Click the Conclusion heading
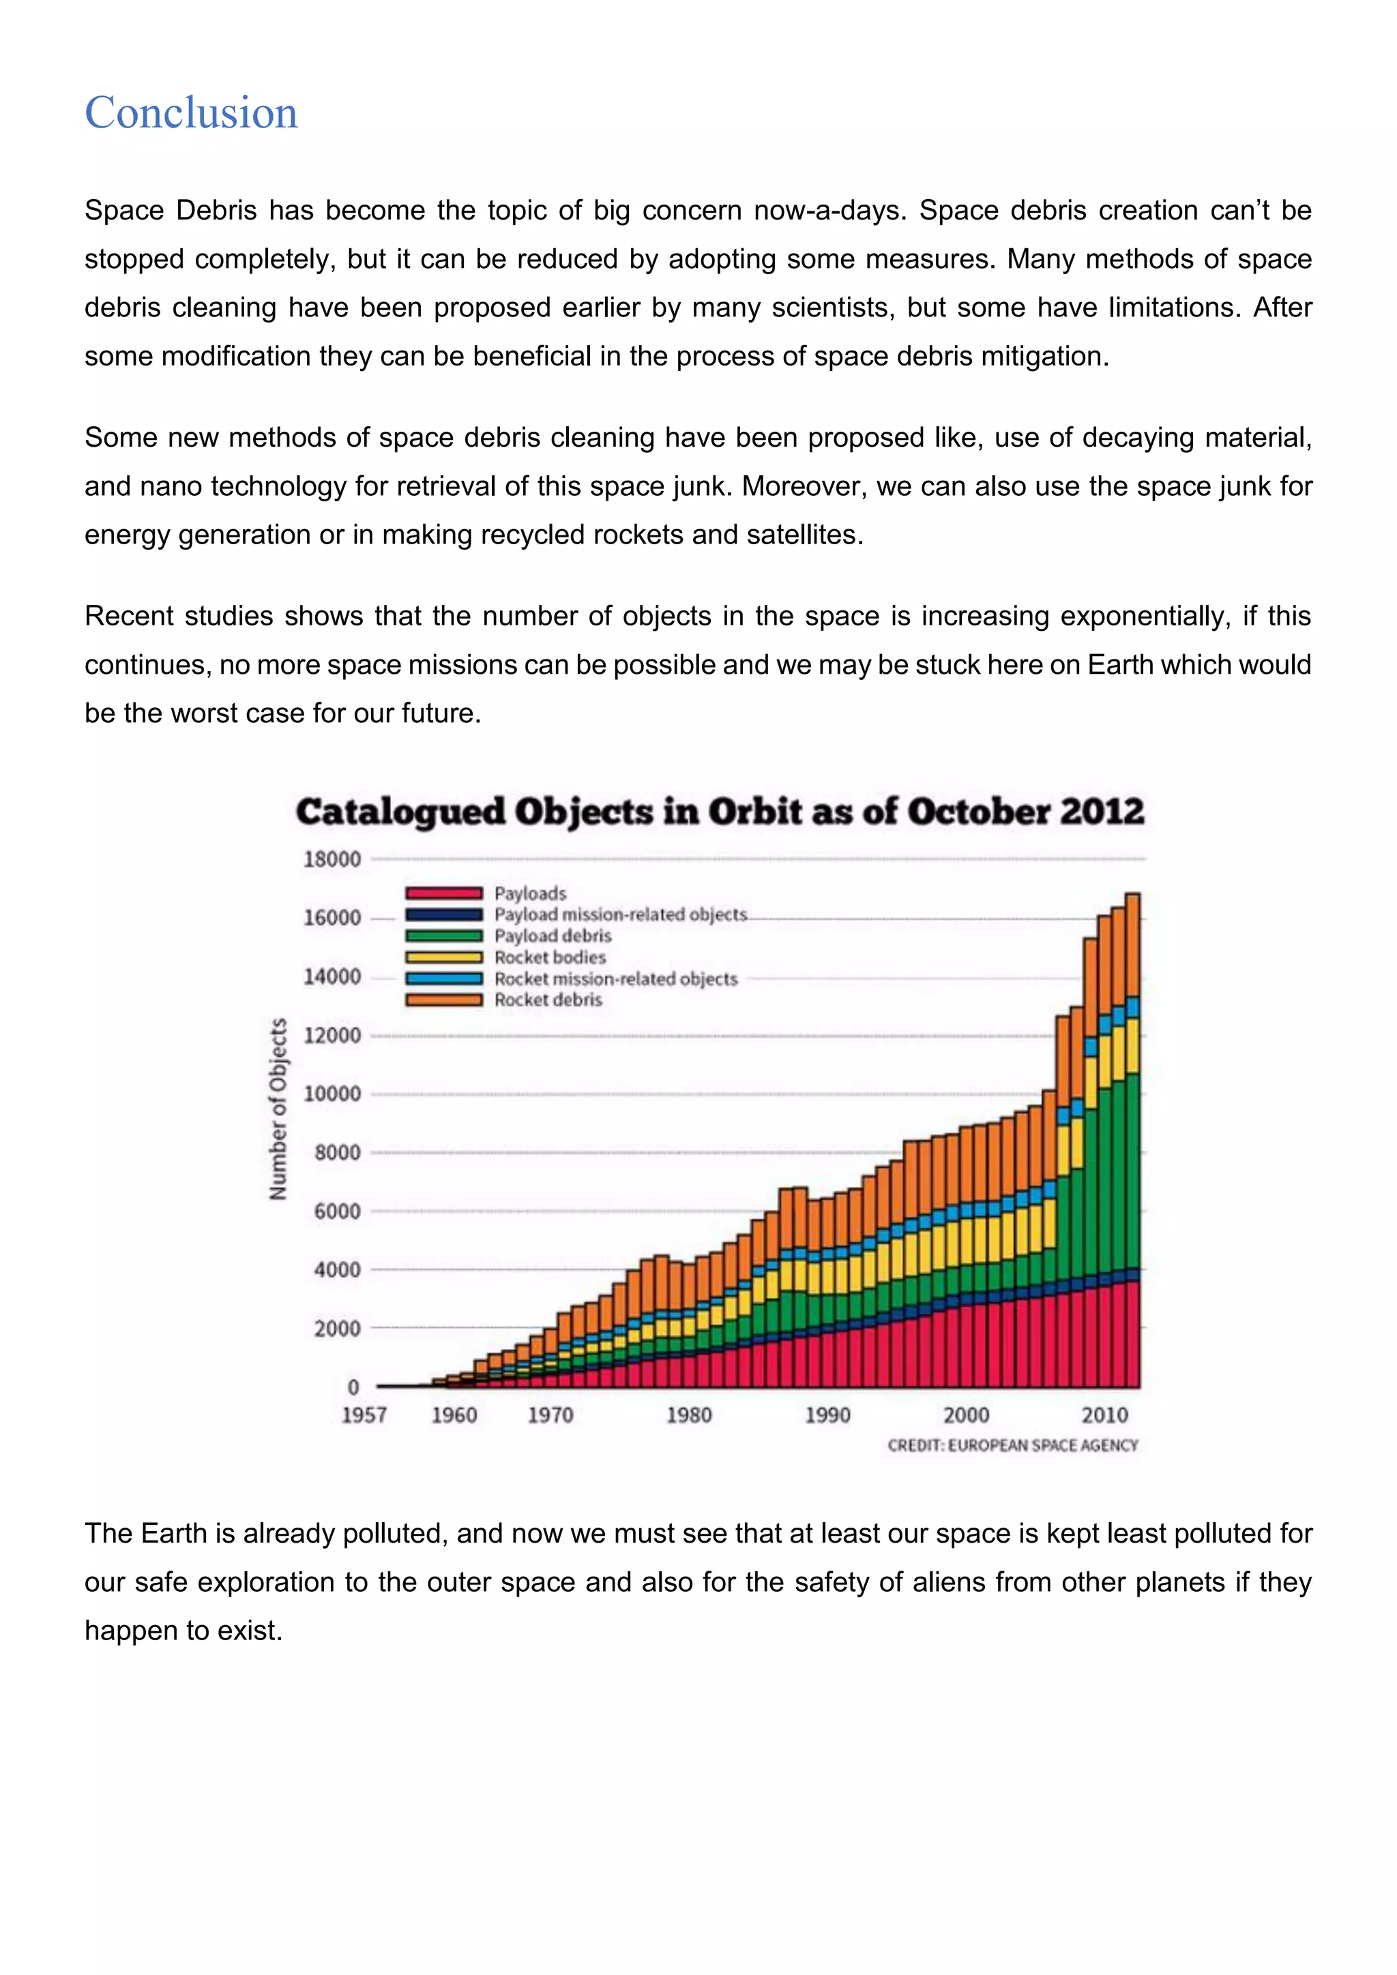[x=191, y=113]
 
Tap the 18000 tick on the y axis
[x=332, y=859]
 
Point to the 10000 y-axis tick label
[x=332, y=1094]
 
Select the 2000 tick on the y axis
[x=336, y=1329]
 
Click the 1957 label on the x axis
[x=364, y=1415]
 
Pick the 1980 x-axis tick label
[x=689, y=1415]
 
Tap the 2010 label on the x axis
[x=1104, y=1415]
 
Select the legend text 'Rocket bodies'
[x=550, y=957]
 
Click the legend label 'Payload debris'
[x=553, y=936]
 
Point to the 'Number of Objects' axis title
[x=278, y=1109]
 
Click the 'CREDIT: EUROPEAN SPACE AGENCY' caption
[x=1012, y=1445]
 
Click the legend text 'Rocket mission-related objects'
[x=616, y=979]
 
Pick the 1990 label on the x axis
[x=827, y=1415]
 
